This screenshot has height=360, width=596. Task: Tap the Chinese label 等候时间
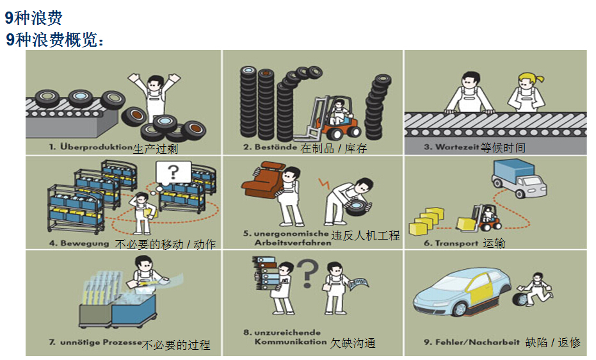(x=503, y=147)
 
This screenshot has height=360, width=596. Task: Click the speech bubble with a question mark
(x=173, y=174)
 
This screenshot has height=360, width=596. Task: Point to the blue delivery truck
(x=519, y=177)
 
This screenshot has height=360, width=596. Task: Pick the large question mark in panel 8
(x=307, y=274)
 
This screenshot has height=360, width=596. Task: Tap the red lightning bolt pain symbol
(x=324, y=183)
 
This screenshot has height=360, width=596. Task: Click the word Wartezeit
(x=457, y=147)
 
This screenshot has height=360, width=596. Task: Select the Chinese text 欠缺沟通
(x=353, y=343)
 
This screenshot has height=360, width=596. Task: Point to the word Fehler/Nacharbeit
(x=477, y=342)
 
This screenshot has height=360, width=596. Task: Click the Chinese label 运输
(x=494, y=243)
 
